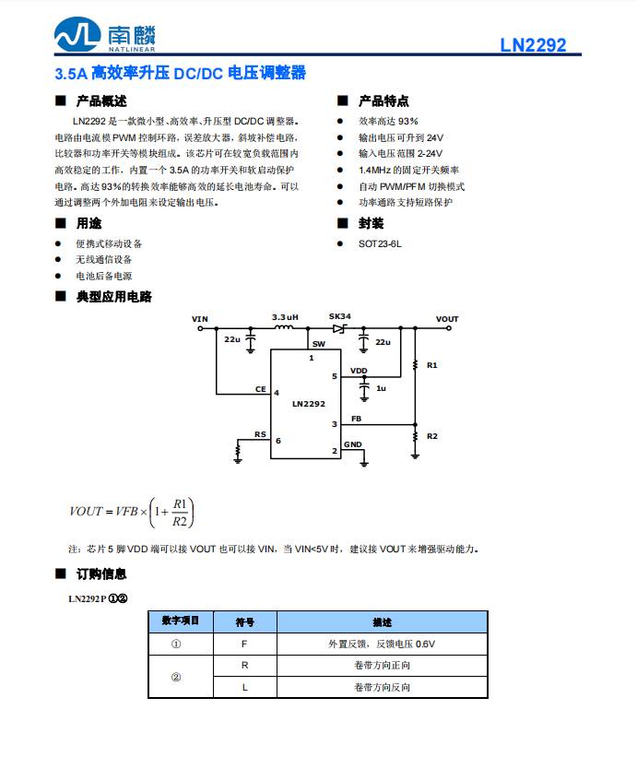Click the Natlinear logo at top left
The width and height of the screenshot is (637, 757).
103,36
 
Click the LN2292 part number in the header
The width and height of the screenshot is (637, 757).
533,45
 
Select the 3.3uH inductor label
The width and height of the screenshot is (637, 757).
286,317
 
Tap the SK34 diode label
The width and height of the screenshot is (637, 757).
340,317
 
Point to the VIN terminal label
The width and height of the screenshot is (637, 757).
200,319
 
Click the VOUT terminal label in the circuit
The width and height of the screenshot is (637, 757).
447,319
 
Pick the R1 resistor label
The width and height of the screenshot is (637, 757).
432,365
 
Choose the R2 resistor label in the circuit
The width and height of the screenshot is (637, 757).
432,435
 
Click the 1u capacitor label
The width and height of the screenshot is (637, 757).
381,389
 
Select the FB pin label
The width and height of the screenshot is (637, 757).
356,419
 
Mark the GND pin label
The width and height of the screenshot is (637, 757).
353,444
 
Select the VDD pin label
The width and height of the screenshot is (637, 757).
359,371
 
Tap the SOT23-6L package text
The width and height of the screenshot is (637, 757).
380,244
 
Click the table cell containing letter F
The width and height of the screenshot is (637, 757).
244,644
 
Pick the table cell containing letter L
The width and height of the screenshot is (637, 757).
244,687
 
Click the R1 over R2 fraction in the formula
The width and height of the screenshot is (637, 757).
180,513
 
